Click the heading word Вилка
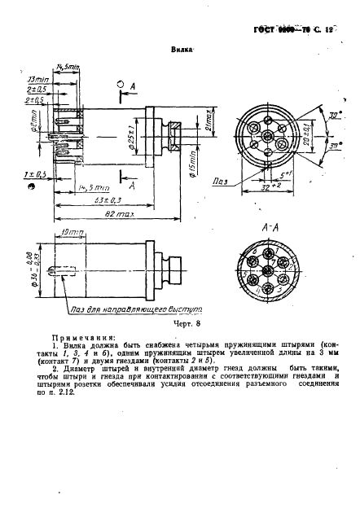tap(181, 49)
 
